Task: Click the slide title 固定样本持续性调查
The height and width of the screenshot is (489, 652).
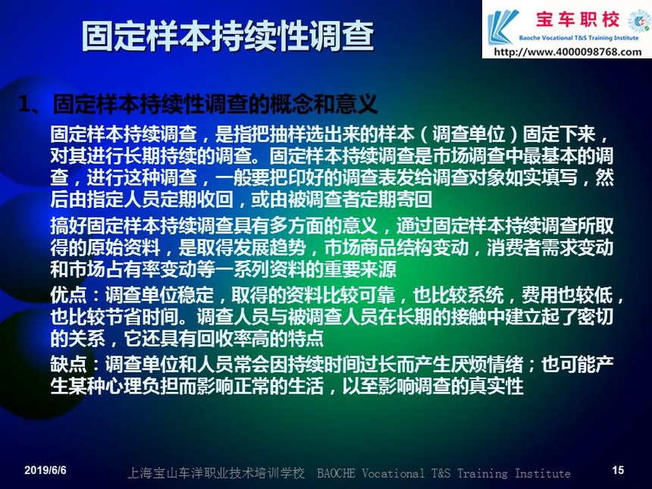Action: coord(227,36)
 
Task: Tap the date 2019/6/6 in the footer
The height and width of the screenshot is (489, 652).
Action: coord(45,470)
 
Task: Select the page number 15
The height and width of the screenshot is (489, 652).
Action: coord(618,470)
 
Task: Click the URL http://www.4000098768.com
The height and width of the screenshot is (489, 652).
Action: coord(568,52)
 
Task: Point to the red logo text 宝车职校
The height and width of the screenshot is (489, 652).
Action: coord(578,20)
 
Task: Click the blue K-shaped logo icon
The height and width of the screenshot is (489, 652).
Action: coord(503,27)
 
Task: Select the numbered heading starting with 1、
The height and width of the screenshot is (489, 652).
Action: coord(198,104)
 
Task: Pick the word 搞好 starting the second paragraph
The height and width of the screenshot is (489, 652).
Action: coord(68,226)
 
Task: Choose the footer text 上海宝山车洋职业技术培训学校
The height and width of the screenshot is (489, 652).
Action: coord(216,473)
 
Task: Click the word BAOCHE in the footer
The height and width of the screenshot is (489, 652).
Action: coord(336,473)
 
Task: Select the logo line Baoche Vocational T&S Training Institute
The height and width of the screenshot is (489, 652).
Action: coord(578,38)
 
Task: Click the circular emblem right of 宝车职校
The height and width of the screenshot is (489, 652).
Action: coord(640,20)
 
